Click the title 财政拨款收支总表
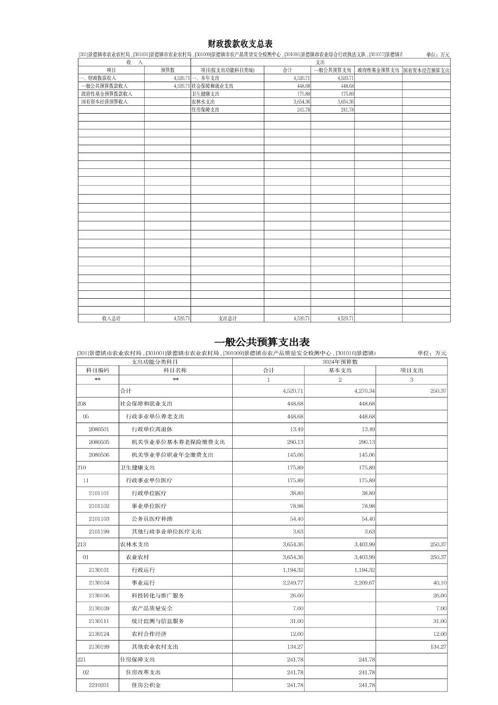pyautogui.click(x=240, y=44)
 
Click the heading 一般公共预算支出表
pyautogui.click(x=262, y=342)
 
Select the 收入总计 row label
pyautogui.click(x=111, y=319)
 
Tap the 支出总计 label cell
pyautogui.click(x=227, y=319)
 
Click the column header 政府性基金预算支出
pyautogui.click(x=378, y=70)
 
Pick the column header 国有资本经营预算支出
pyautogui.click(x=426, y=70)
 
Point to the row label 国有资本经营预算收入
pyautogui.click(x=104, y=102)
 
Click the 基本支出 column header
pyautogui.click(x=340, y=370)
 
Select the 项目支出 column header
pyautogui.click(x=411, y=370)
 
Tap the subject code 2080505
pyautogui.click(x=99, y=442)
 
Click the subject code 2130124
pyautogui.click(x=99, y=634)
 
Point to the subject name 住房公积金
pyautogui.click(x=146, y=685)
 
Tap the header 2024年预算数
pyautogui.click(x=339, y=362)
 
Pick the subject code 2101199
pyautogui.click(x=99, y=532)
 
